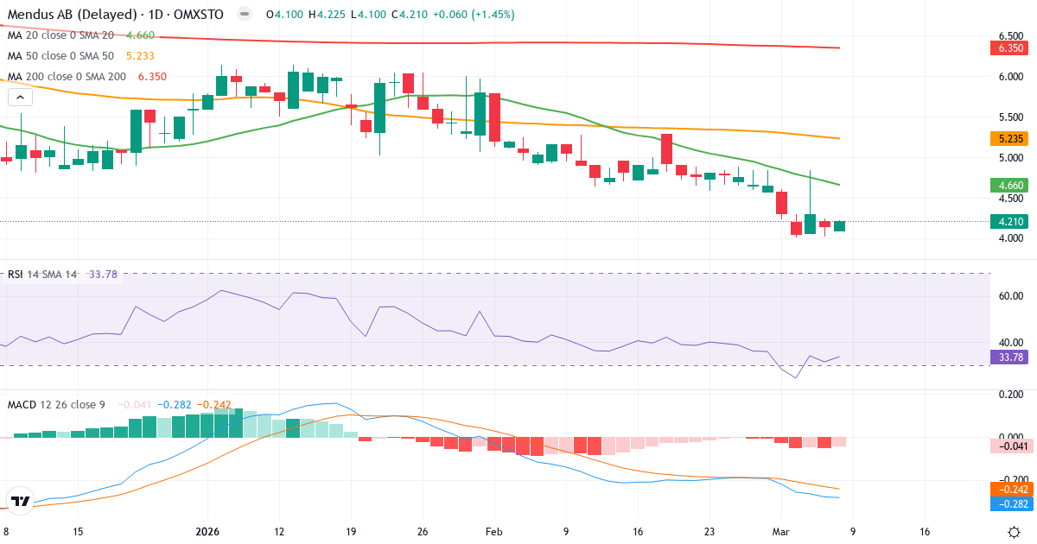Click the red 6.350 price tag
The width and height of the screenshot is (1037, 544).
(1009, 48)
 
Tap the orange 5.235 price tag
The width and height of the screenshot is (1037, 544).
(1009, 138)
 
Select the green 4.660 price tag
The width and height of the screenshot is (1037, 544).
(1009, 185)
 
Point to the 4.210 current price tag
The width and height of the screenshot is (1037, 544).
(1009, 221)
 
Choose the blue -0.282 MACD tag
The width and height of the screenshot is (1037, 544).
(1009, 503)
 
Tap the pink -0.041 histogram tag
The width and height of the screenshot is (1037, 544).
(1009, 446)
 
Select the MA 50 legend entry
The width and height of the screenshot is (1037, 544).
(60, 55)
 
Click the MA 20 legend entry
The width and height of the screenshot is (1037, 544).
(60, 35)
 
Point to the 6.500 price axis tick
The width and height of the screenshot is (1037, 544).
(1010, 35)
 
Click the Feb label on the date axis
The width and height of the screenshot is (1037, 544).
(493, 532)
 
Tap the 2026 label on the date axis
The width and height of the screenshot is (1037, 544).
(209, 532)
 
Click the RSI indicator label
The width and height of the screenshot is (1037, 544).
(16, 275)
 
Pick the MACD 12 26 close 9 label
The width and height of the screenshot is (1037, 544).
(56, 404)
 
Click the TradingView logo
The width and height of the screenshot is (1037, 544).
(20, 501)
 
